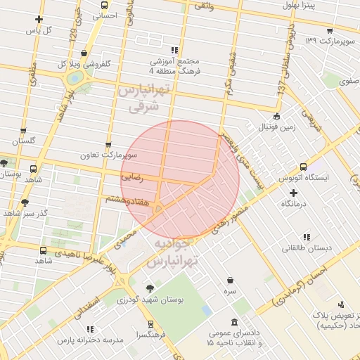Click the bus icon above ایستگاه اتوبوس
[303, 167]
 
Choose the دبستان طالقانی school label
[305, 247]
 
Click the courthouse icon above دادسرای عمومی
[231, 321]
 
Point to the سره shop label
[230, 290]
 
